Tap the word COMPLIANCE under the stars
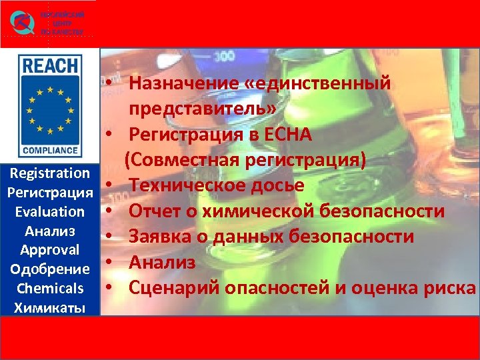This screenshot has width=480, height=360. [50, 151]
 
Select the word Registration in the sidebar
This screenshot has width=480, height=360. [50, 173]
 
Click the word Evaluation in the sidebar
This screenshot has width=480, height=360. [50, 212]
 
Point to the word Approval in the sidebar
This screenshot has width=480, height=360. [50, 250]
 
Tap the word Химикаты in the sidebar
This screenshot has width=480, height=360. [50, 307]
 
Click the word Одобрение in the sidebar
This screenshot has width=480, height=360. [50, 269]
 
